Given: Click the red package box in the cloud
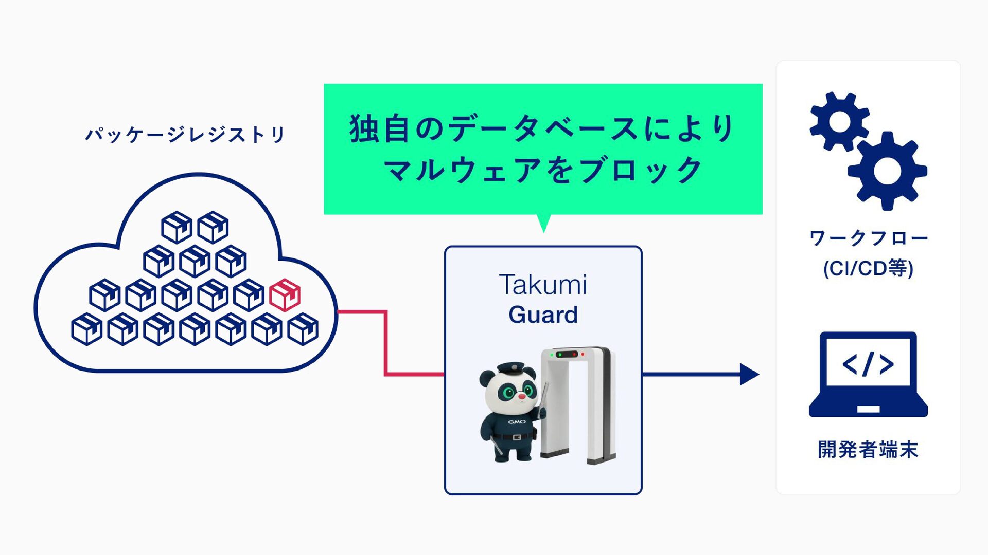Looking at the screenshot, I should (285, 295).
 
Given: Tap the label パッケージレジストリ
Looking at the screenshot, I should (185, 135).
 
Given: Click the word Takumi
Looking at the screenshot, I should (543, 285).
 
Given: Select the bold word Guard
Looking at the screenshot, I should (543, 314).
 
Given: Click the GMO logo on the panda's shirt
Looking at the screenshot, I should (517, 422).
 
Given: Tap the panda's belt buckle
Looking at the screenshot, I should (517, 437).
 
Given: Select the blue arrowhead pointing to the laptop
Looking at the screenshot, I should (749, 374).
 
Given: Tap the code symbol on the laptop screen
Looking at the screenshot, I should (868, 364).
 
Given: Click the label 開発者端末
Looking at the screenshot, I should (868, 450).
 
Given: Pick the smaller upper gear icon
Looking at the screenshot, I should (839, 122).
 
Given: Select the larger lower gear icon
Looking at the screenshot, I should (887, 171).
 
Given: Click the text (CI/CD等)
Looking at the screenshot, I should (868, 268).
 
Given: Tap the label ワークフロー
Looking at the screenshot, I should (868, 238).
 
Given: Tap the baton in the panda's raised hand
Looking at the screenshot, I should (544, 396).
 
